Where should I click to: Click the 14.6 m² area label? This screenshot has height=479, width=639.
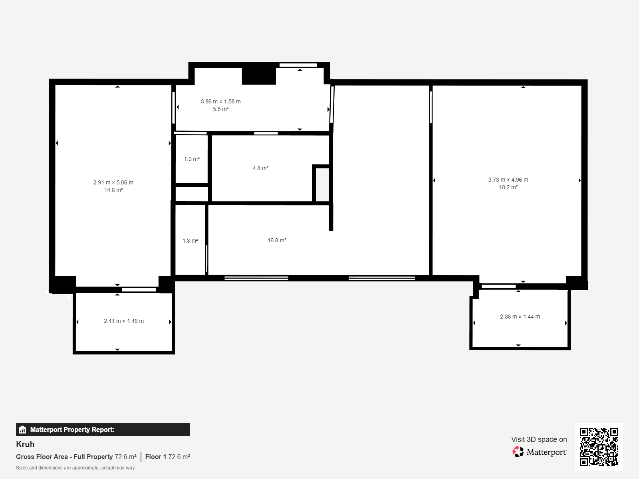(113, 190)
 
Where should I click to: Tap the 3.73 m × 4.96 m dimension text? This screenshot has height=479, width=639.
(508, 180)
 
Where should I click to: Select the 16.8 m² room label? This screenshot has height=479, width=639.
(277, 240)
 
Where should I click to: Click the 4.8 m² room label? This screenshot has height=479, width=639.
(260, 168)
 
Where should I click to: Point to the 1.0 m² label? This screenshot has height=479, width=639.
(192, 159)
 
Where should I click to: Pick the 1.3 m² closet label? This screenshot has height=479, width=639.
(190, 241)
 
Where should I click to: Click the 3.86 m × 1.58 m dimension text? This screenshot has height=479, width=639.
(220, 101)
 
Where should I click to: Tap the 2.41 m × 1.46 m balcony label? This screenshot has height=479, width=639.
(124, 321)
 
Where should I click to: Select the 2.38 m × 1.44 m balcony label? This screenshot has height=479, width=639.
(520, 317)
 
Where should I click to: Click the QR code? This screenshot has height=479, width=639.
(599, 447)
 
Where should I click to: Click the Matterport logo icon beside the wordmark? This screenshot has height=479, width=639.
(518, 452)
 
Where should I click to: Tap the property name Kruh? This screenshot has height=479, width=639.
(25, 444)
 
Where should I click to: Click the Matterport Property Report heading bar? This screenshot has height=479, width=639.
(103, 430)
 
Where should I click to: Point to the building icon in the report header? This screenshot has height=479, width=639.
(22, 430)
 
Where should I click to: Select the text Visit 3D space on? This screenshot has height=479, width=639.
(539, 439)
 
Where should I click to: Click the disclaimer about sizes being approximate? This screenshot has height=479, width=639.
(75, 468)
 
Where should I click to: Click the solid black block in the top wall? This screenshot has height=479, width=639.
(259, 76)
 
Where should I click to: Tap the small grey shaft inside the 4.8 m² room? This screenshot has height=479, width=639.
(322, 184)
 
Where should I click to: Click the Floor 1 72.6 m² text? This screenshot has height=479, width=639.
(167, 457)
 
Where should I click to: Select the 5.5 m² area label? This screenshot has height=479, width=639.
(220, 109)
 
